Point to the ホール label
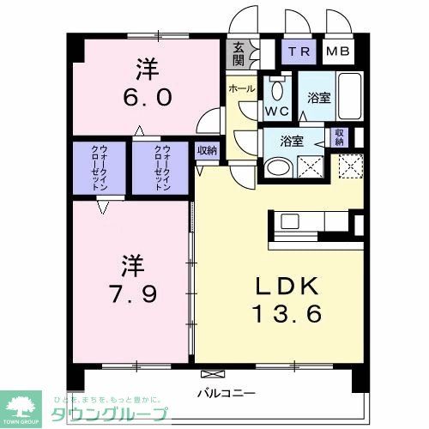point(240,88)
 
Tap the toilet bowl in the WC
point(277,90)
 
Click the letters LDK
point(275,285)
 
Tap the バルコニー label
point(227,393)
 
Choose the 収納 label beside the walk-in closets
point(206,151)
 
